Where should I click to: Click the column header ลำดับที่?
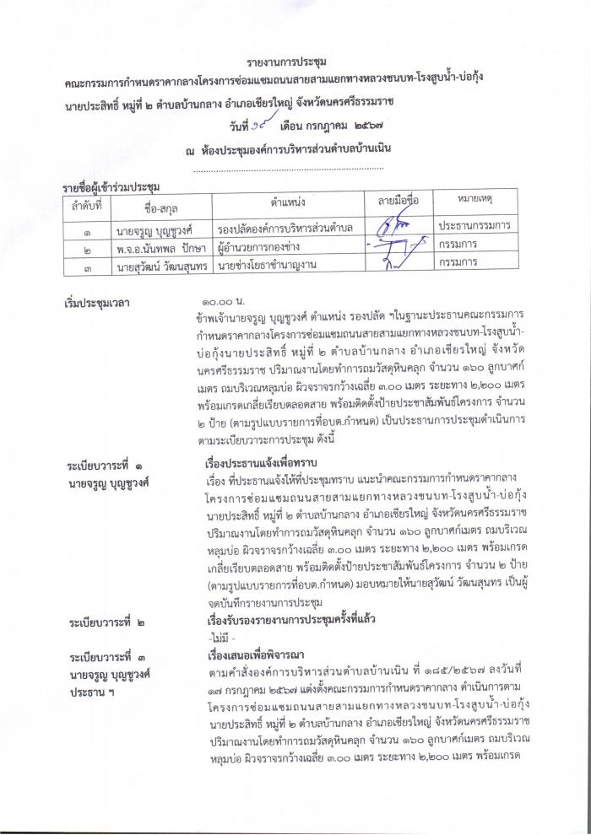[x=85, y=205]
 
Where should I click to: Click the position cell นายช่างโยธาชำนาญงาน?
[x=269, y=265]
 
